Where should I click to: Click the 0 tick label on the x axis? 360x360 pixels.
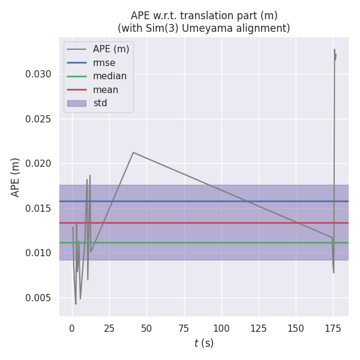72,328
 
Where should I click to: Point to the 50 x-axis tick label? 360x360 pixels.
146,328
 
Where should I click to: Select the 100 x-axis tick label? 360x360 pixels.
221,328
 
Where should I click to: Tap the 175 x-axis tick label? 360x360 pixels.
333,328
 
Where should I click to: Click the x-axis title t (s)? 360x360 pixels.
204,343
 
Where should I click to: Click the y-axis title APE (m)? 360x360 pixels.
16,177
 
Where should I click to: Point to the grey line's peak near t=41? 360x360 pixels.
133,152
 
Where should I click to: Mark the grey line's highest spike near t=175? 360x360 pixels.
334,50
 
